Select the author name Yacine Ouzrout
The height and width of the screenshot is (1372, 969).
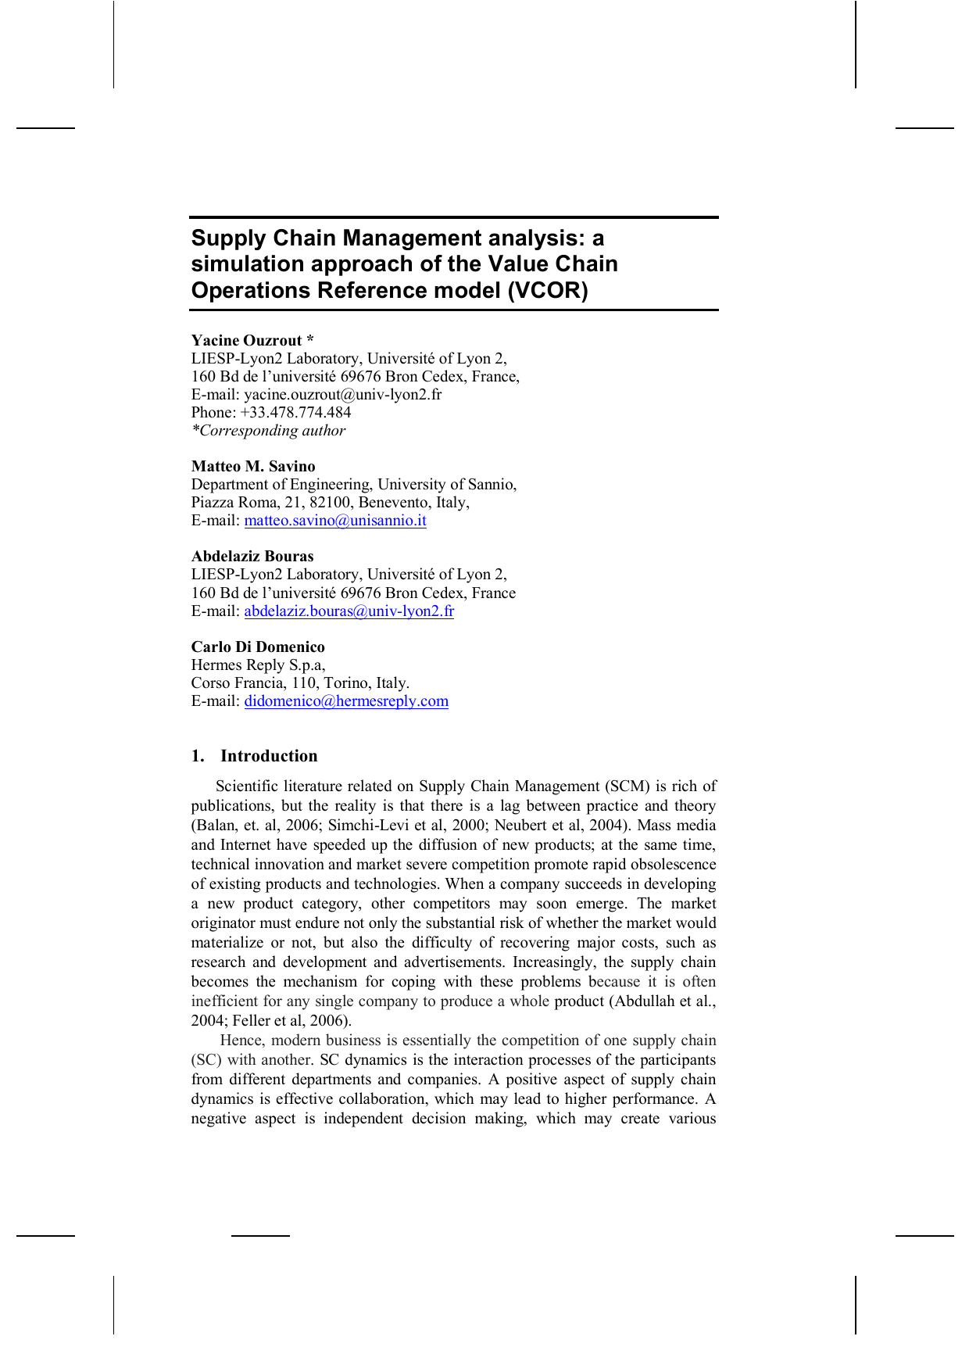tap(247, 340)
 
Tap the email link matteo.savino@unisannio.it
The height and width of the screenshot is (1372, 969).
tap(335, 521)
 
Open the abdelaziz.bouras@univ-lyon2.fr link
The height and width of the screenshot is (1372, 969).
tap(349, 611)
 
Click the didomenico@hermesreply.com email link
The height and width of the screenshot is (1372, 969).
tap(346, 701)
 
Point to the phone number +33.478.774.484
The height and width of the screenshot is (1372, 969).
tap(295, 413)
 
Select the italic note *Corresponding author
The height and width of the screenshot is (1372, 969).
tap(268, 431)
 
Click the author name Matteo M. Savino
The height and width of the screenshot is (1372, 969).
tap(253, 467)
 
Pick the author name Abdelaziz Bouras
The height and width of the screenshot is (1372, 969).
tap(252, 557)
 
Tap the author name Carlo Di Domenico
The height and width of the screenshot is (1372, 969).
tap(258, 647)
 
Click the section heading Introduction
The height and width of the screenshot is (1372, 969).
tap(269, 756)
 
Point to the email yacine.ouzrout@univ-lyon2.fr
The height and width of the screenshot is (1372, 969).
tap(342, 395)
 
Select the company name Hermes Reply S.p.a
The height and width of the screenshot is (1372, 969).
tap(258, 665)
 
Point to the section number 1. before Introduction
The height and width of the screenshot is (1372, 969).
tap(198, 756)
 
